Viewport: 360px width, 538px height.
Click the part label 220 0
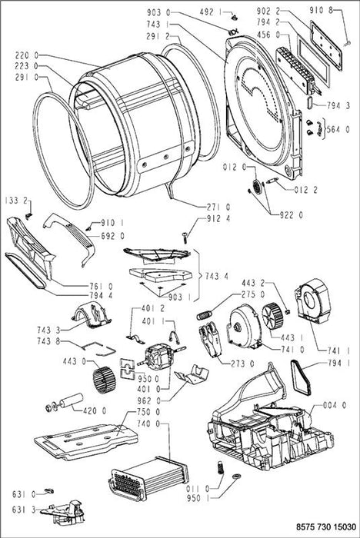pos(26,55)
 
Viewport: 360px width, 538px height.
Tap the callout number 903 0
pos(158,13)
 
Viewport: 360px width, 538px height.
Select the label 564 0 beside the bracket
pos(338,129)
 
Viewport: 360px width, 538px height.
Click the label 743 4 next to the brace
pos(216,276)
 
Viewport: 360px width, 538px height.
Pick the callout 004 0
pos(335,405)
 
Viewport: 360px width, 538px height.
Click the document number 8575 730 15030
pos(326,526)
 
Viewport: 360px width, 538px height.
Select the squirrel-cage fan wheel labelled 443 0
pos(105,380)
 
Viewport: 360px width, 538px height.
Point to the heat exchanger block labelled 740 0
pos(148,477)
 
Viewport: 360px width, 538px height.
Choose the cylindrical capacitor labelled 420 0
pos(72,400)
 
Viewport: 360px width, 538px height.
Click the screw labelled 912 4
pos(185,237)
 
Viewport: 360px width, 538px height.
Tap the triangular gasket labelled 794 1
pos(301,377)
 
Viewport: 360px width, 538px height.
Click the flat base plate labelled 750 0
pos(86,442)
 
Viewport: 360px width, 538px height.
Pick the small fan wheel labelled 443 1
pos(272,316)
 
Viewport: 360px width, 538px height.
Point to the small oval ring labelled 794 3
pos(308,102)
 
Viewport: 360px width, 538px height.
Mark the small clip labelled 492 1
pos(235,16)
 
